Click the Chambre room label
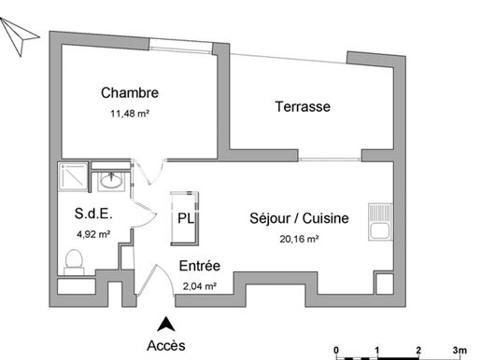coord(130,92)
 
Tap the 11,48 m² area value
coord(130,114)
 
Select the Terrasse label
coord(303,106)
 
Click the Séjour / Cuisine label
coord(299,218)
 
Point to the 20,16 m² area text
coord(299,239)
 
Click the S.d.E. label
coord(93,214)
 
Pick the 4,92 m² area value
coord(93,234)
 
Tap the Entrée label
coord(200,266)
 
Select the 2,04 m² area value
coord(200,286)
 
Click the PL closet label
coord(186,218)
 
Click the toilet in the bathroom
coord(74,262)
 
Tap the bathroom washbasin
coord(111,181)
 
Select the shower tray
coord(74,177)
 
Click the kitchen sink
coord(380,222)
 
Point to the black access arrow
coord(166,324)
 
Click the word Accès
coord(166,346)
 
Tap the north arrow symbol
coord(19,36)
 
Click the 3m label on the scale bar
coord(460,351)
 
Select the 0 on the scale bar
coord(336,351)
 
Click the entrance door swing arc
coord(167,276)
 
